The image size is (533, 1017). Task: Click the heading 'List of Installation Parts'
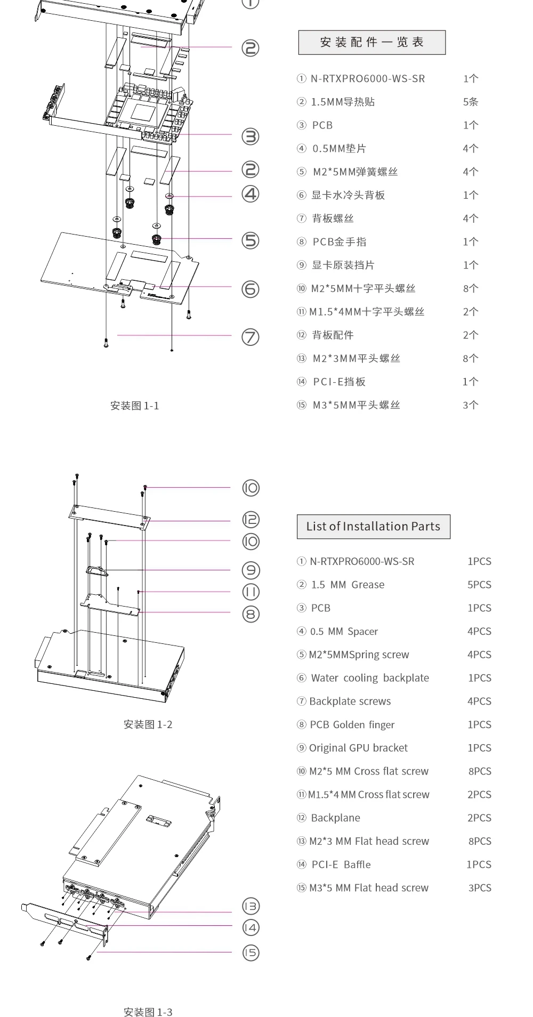373,527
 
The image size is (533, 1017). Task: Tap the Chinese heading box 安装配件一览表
372,43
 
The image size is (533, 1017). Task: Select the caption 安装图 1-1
134,406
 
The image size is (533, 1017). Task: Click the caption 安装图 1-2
148,724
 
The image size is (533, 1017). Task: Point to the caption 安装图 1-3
148,1012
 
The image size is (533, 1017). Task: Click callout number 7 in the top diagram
251,337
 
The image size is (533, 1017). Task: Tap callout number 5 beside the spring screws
251,240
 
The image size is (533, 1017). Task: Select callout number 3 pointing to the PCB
251,136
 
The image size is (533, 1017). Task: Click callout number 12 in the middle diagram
251,519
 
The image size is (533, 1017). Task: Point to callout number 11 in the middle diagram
251,592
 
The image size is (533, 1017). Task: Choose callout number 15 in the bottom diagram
251,953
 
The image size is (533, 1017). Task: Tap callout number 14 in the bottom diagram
251,927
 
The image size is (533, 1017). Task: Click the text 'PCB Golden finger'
352,724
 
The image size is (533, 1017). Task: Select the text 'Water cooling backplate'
370,678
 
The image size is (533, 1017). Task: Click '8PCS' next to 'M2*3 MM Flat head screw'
479,841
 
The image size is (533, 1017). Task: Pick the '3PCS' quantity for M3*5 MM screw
479,888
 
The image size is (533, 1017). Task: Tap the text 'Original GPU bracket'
358,748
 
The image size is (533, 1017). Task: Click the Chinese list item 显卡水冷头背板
348,195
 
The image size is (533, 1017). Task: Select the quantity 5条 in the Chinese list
470,102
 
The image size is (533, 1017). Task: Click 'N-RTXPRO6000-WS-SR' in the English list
362,561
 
